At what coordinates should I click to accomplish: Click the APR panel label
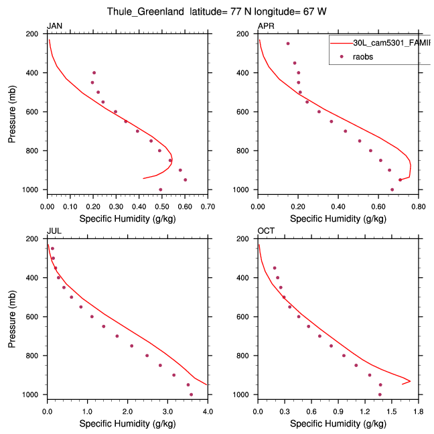265,26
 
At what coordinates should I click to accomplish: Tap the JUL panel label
53,231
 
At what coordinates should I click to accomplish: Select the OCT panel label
265,231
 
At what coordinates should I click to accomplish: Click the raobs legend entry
363,57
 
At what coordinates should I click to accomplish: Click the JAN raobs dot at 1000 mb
161,190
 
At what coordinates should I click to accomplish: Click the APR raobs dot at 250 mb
288,44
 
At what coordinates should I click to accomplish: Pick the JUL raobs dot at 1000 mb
192,394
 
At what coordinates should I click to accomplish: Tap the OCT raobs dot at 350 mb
275,268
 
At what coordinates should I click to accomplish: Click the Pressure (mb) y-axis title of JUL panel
12,316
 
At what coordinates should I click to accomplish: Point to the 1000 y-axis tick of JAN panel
30,190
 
